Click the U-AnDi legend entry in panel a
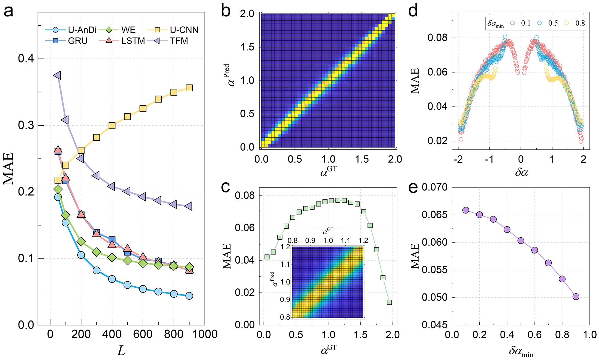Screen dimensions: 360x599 (82, 30)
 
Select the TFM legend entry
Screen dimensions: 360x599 (179, 41)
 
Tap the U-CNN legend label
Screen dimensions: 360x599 (184, 30)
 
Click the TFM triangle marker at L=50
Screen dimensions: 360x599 (57, 75)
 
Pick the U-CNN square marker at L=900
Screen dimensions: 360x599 (189, 88)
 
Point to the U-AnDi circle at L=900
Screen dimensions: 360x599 (189, 296)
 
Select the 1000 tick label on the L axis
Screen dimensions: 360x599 (204, 334)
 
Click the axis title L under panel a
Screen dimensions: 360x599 (121, 351)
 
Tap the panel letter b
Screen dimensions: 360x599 (226, 12)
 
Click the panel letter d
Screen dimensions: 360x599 (413, 11)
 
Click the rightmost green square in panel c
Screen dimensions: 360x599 (389, 302)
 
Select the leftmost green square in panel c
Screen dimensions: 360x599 (267, 257)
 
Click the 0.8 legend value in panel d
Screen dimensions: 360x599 (580, 23)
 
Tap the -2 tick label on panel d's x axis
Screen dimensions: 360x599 (458, 159)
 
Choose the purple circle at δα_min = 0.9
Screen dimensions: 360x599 (576, 296)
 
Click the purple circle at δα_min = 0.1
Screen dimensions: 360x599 (466, 210)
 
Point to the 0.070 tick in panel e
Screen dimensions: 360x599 (434, 187)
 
